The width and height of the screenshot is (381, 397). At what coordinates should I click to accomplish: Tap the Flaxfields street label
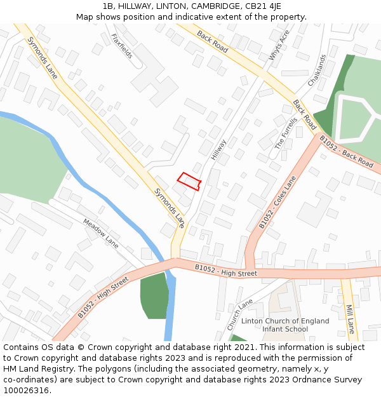[x=122, y=46]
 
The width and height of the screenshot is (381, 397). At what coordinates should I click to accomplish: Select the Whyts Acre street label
[x=279, y=45]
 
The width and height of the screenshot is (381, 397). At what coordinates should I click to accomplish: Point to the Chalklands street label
[x=317, y=71]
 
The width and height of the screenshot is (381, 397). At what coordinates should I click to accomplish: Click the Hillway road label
[x=218, y=149]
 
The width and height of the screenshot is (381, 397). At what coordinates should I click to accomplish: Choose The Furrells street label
[x=286, y=133]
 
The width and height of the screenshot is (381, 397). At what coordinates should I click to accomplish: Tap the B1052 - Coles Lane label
[x=277, y=202]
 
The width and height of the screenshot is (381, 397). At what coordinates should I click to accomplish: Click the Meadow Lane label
[x=100, y=233]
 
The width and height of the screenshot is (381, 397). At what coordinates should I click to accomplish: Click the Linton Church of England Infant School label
[x=285, y=325]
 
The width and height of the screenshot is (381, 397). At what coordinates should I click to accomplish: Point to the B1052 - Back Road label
[x=346, y=151]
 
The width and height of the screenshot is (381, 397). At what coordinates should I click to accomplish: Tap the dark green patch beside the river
[x=154, y=296]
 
